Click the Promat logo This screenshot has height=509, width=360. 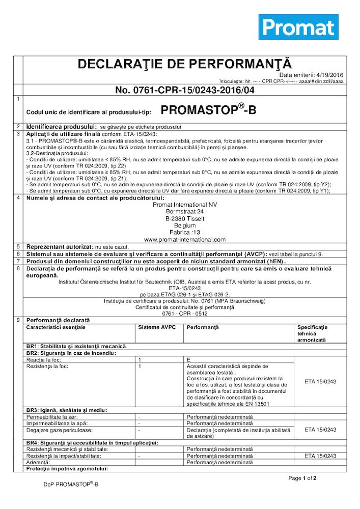tap(298, 26)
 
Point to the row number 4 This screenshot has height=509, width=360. tap(18, 198)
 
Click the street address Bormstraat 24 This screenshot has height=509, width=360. tap(185, 211)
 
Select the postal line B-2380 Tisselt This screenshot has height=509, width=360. tap(185, 218)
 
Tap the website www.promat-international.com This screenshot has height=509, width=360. tap(185, 239)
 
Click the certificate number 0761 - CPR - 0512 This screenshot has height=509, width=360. tap(185, 314)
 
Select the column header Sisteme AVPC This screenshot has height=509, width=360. tap(153, 326)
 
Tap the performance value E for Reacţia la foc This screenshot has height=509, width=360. tap(189, 359)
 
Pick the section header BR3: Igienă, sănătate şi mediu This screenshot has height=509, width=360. tap(67, 410)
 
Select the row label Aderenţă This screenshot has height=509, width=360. tap(38, 462)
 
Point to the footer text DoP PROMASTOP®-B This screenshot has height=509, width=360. tap(71, 485)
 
